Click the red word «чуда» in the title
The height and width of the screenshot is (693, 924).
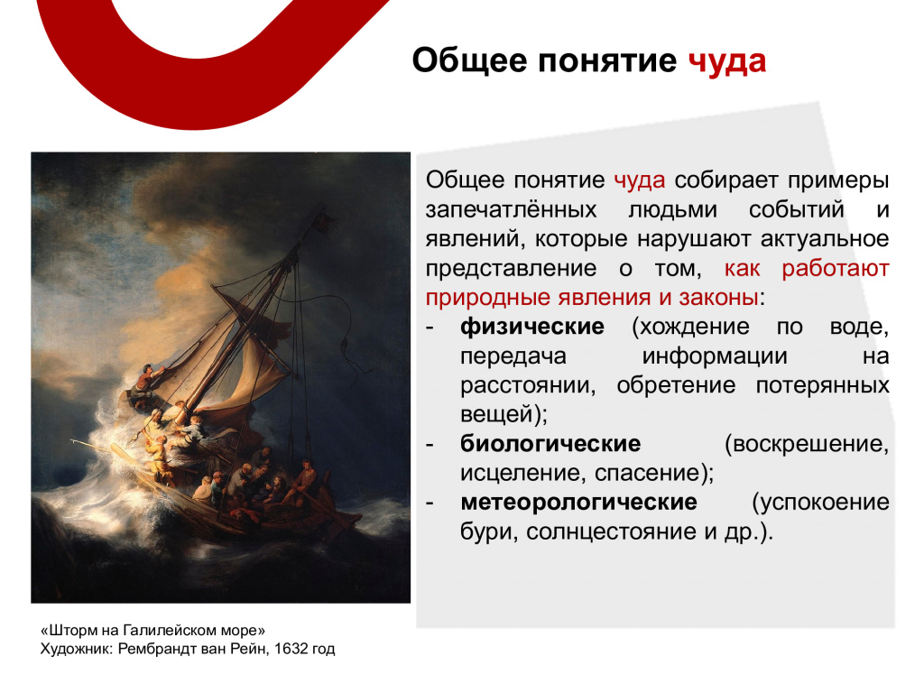coord(727,61)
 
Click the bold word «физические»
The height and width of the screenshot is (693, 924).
coord(532,327)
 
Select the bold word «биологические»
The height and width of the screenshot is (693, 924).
coord(550,444)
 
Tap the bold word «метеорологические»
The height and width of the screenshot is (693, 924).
coord(578,502)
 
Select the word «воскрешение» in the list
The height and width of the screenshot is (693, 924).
coord(806,444)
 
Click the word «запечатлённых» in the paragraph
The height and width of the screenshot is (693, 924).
coord(511,209)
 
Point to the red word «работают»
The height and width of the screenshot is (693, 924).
coord(835,268)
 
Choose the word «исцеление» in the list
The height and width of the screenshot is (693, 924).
coord(522,473)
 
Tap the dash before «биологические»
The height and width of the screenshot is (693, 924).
coord(430,445)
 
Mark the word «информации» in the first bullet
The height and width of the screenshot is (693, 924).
coord(715,356)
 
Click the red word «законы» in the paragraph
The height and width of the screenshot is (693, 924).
coord(718,298)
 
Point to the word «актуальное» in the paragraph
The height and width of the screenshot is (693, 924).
coord(825,239)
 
